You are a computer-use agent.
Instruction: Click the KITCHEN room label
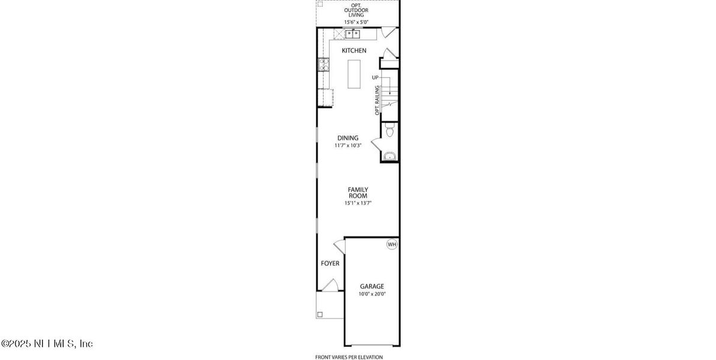tap(354, 50)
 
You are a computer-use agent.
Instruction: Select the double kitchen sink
tap(352, 34)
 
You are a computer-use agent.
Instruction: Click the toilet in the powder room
tap(390, 129)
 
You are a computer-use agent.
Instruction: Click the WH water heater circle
tap(392, 244)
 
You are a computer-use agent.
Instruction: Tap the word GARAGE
tap(372, 286)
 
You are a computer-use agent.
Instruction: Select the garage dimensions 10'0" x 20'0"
tap(372, 294)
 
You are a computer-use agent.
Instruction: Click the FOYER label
tap(330, 263)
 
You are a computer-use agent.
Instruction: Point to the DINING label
tap(347, 138)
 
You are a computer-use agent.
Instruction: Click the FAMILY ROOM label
tap(358, 193)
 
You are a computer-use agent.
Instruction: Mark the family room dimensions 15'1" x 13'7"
tap(358, 203)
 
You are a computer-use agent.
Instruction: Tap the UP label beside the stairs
tap(375, 77)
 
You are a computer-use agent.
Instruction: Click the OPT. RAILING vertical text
tap(377, 100)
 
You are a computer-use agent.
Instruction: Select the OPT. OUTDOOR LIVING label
tap(356, 11)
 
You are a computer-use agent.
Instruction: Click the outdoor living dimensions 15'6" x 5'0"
tap(356, 22)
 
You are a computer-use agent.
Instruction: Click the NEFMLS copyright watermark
tap(47, 344)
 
